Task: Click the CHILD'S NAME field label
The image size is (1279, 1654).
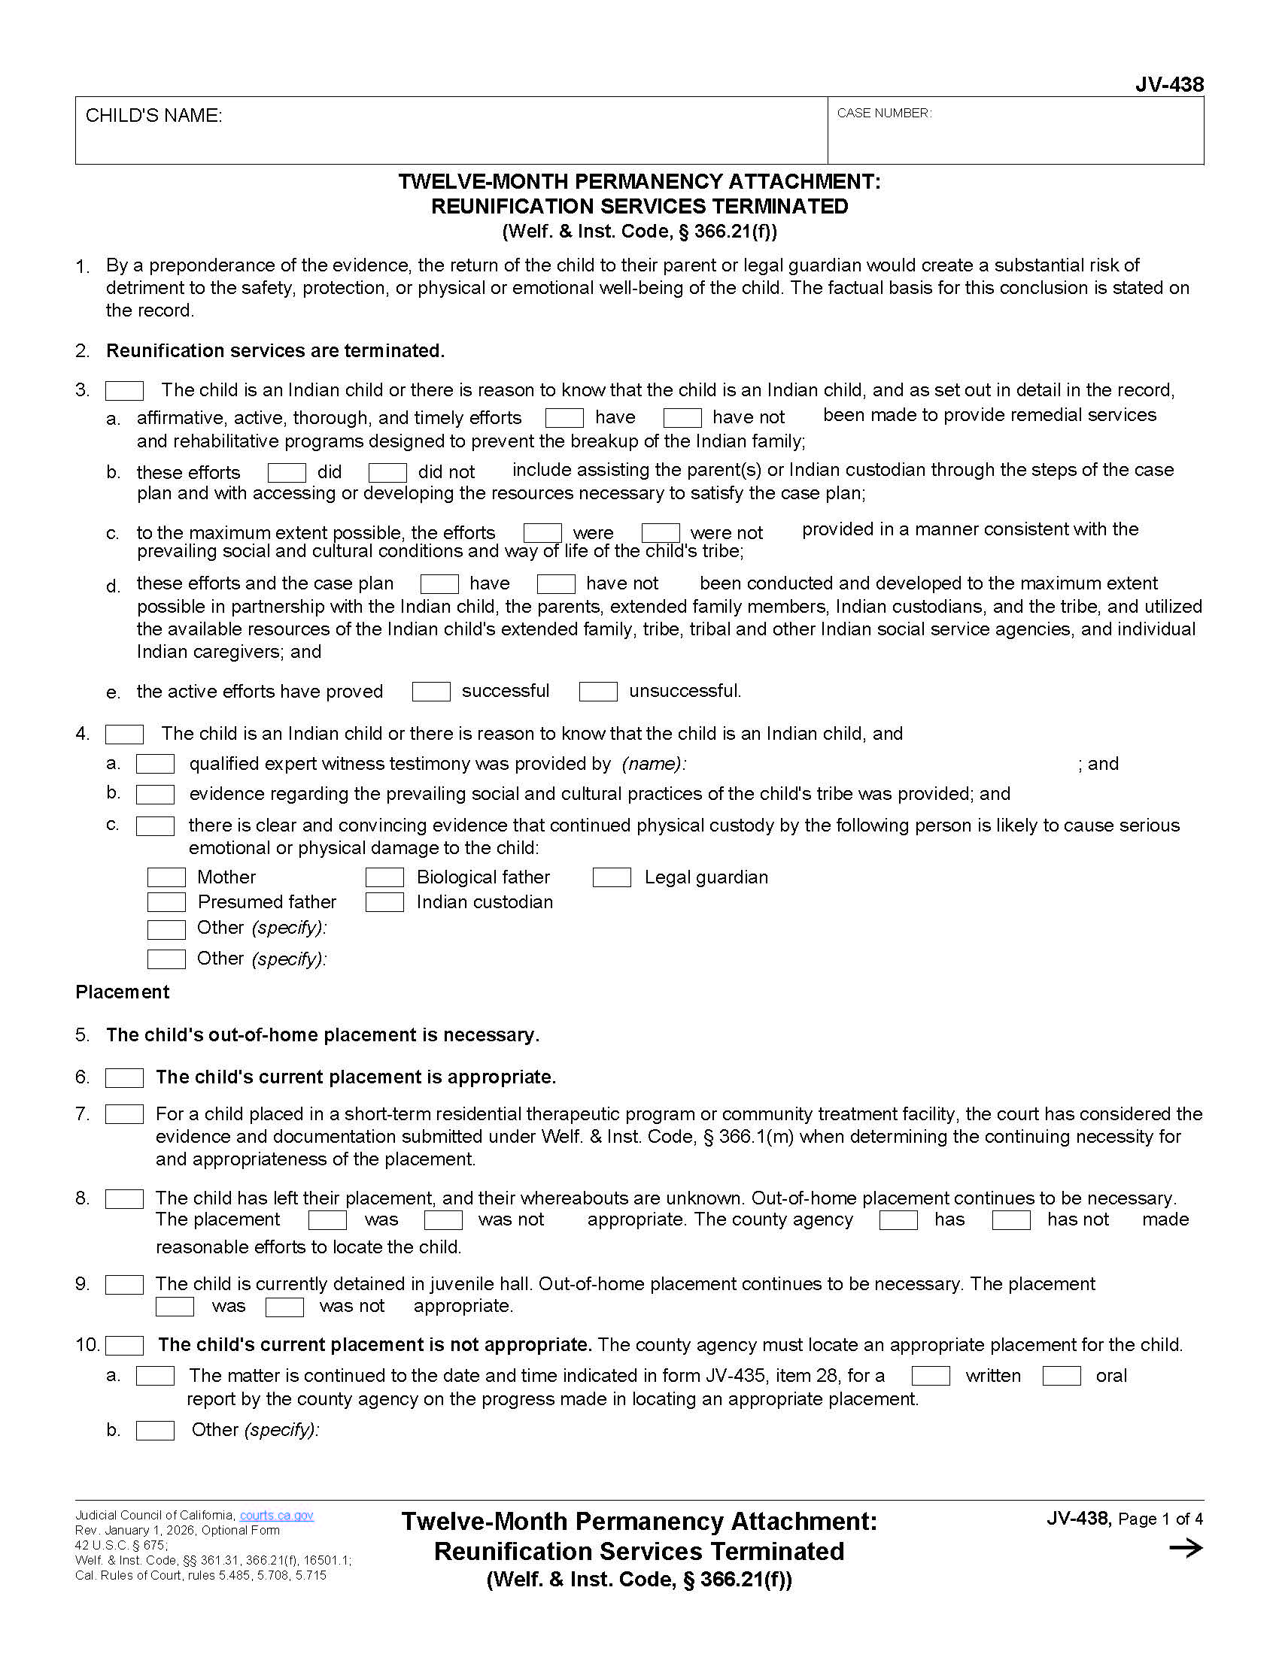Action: [x=153, y=116]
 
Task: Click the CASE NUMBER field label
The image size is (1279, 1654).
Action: [x=883, y=114]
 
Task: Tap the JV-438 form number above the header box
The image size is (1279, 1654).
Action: [x=1169, y=84]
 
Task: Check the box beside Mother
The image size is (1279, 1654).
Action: [x=166, y=877]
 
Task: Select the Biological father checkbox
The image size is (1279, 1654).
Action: [x=384, y=877]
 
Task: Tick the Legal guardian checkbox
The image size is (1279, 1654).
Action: [x=612, y=877]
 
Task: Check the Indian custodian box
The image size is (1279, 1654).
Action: [x=384, y=902]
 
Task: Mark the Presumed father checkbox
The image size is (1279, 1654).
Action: [x=166, y=902]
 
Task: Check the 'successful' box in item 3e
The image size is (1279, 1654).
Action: [x=431, y=692]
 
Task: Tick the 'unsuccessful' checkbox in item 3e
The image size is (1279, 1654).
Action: [x=598, y=692]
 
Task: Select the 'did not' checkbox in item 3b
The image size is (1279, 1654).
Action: [x=387, y=473]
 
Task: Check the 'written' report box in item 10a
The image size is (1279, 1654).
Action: [x=931, y=1376]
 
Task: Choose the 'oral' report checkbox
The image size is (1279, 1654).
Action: [x=1062, y=1376]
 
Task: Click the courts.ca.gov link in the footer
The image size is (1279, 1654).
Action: [x=277, y=1516]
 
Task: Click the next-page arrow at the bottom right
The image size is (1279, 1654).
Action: [x=1186, y=1548]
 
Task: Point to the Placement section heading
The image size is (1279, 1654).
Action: [x=123, y=992]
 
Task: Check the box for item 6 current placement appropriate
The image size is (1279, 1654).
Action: [x=124, y=1077]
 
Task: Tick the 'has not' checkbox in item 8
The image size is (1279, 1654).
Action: [x=1010, y=1220]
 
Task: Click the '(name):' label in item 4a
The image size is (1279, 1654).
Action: [x=654, y=763]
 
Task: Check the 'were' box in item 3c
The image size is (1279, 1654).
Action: [x=542, y=532]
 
